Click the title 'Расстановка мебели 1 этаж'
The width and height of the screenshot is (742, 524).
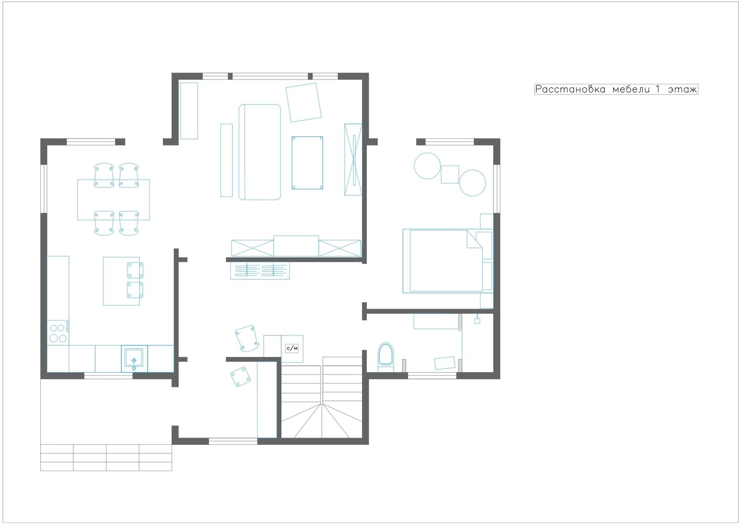click(x=616, y=89)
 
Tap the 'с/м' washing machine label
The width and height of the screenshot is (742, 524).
click(x=292, y=348)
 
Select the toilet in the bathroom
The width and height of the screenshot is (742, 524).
click(x=386, y=357)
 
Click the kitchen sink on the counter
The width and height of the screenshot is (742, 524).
click(x=134, y=358)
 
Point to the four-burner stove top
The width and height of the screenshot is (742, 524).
click(x=58, y=333)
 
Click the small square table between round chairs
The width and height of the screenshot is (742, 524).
click(x=450, y=174)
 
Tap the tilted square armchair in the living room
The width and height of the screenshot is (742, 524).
click(x=303, y=102)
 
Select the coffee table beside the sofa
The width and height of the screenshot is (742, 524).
click(x=308, y=163)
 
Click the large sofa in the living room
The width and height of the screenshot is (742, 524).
click(x=260, y=152)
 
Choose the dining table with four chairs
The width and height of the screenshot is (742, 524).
click(x=113, y=200)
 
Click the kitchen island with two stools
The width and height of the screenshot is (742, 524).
click(x=121, y=281)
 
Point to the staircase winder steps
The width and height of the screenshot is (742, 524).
click(x=322, y=420)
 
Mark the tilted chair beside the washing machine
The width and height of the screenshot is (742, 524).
click(x=247, y=338)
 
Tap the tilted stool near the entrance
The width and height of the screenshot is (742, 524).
click(x=240, y=376)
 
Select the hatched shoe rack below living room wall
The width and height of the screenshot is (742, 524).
click(x=260, y=270)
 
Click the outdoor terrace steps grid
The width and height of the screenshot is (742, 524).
click(x=106, y=457)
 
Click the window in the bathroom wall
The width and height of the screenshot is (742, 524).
click(x=432, y=376)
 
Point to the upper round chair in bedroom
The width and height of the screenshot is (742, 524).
click(x=427, y=166)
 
